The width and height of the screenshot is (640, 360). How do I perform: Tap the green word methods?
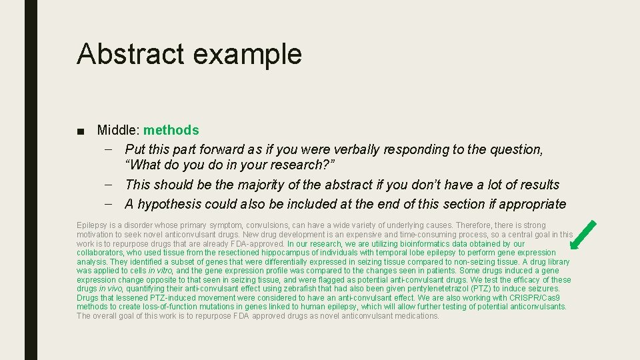coord(171,130)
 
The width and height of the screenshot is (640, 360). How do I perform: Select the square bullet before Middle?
coord(81,131)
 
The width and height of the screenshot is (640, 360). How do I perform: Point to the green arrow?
coord(584,234)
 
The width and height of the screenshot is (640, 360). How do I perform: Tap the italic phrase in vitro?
coord(160,271)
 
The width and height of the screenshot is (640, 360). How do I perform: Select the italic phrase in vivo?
coord(110,289)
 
